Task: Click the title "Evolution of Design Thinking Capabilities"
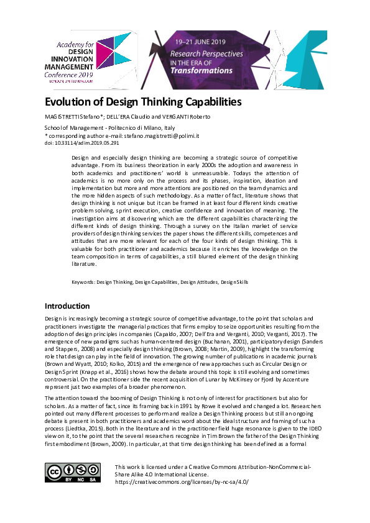[143, 102]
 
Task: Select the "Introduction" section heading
[67, 306]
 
